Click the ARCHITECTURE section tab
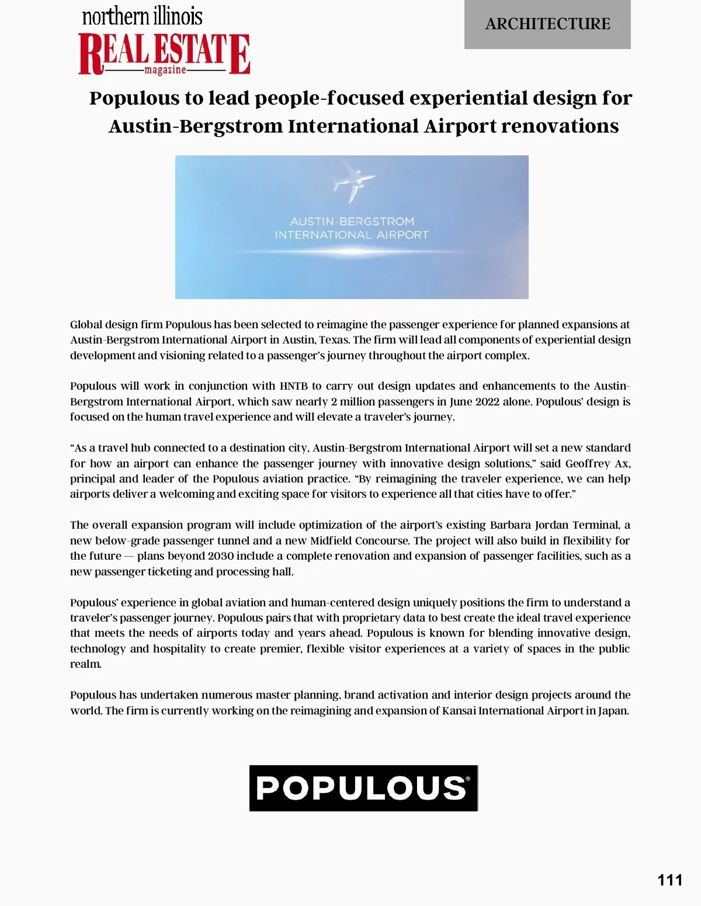point(547,24)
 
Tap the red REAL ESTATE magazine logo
point(164,54)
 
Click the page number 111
point(669,880)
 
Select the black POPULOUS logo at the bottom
point(363,788)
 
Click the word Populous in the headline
point(134,98)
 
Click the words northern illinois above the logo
point(142,16)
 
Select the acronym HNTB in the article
point(293,386)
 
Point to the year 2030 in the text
point(221,556)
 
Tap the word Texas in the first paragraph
point(333,340)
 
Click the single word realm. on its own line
point(86,664)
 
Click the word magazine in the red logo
point(165,70)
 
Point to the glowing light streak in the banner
point(351,252)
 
